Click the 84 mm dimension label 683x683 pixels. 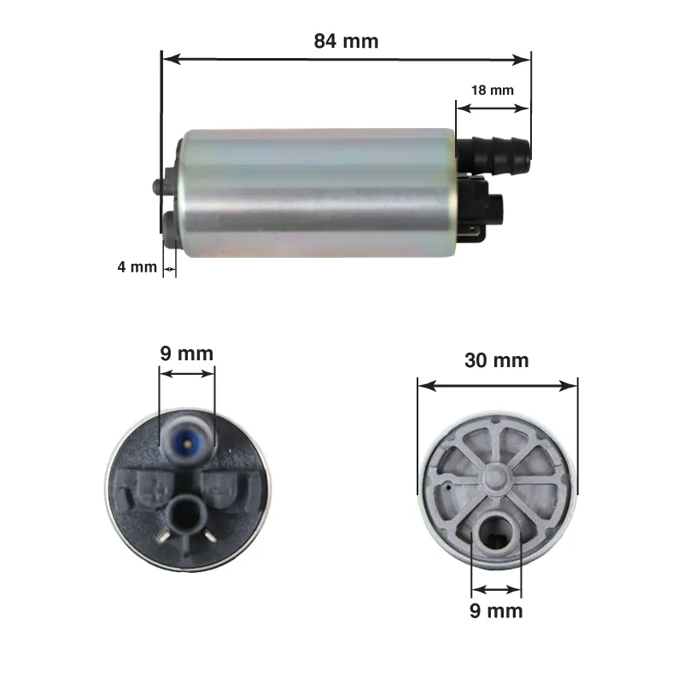click(346, 41)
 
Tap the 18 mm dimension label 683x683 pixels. click(493, 90)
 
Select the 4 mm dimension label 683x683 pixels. click(137, 266)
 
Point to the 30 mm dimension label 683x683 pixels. click(497, 360)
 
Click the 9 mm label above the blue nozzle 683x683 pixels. click(186, 353)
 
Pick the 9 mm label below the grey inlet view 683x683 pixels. click(496, 610)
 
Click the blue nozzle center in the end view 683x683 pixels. click(188, 442)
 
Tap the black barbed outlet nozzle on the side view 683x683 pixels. click(493, 156)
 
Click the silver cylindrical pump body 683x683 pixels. click(319, 193)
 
